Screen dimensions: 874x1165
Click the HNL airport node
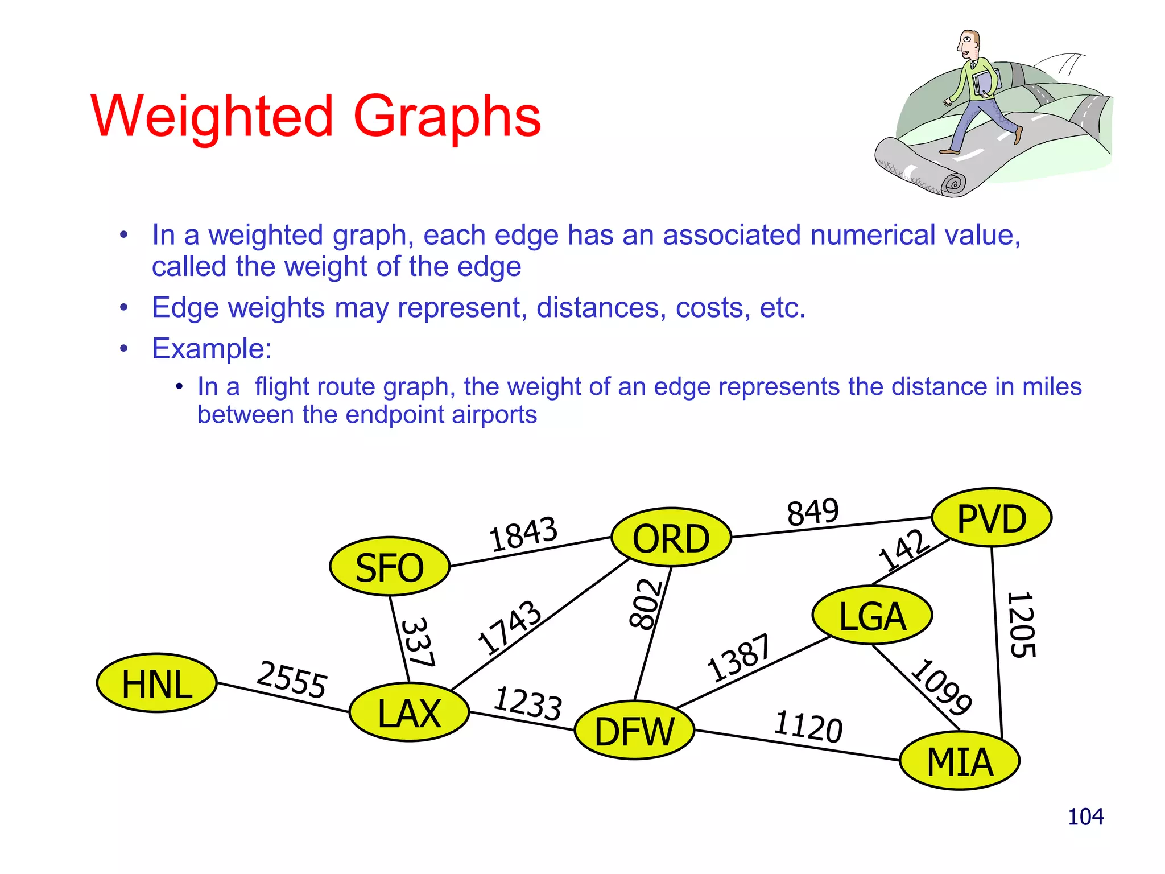tap(157, 683)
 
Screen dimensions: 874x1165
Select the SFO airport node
tap(390, 567)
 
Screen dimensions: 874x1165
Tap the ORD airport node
tap(671, 538)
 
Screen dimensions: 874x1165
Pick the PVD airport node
tap(992, 518)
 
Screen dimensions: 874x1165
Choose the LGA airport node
tap(872, 616)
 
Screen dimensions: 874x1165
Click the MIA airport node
tap(960, 761)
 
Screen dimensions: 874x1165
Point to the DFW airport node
tap(634, 731)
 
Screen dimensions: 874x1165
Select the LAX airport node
tap(410, 712)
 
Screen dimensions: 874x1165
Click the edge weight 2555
tap(292, 679)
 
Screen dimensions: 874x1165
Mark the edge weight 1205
tap(1022, 625)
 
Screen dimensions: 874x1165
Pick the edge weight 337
tap(418, 642)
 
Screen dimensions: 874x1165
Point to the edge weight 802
tap(646, 604)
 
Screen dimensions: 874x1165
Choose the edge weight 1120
tap(808, 727)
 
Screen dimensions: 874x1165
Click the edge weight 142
tap(903, 549)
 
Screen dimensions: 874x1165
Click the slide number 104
tap(1085, 817)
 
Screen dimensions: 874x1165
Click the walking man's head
tap(968, 44)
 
